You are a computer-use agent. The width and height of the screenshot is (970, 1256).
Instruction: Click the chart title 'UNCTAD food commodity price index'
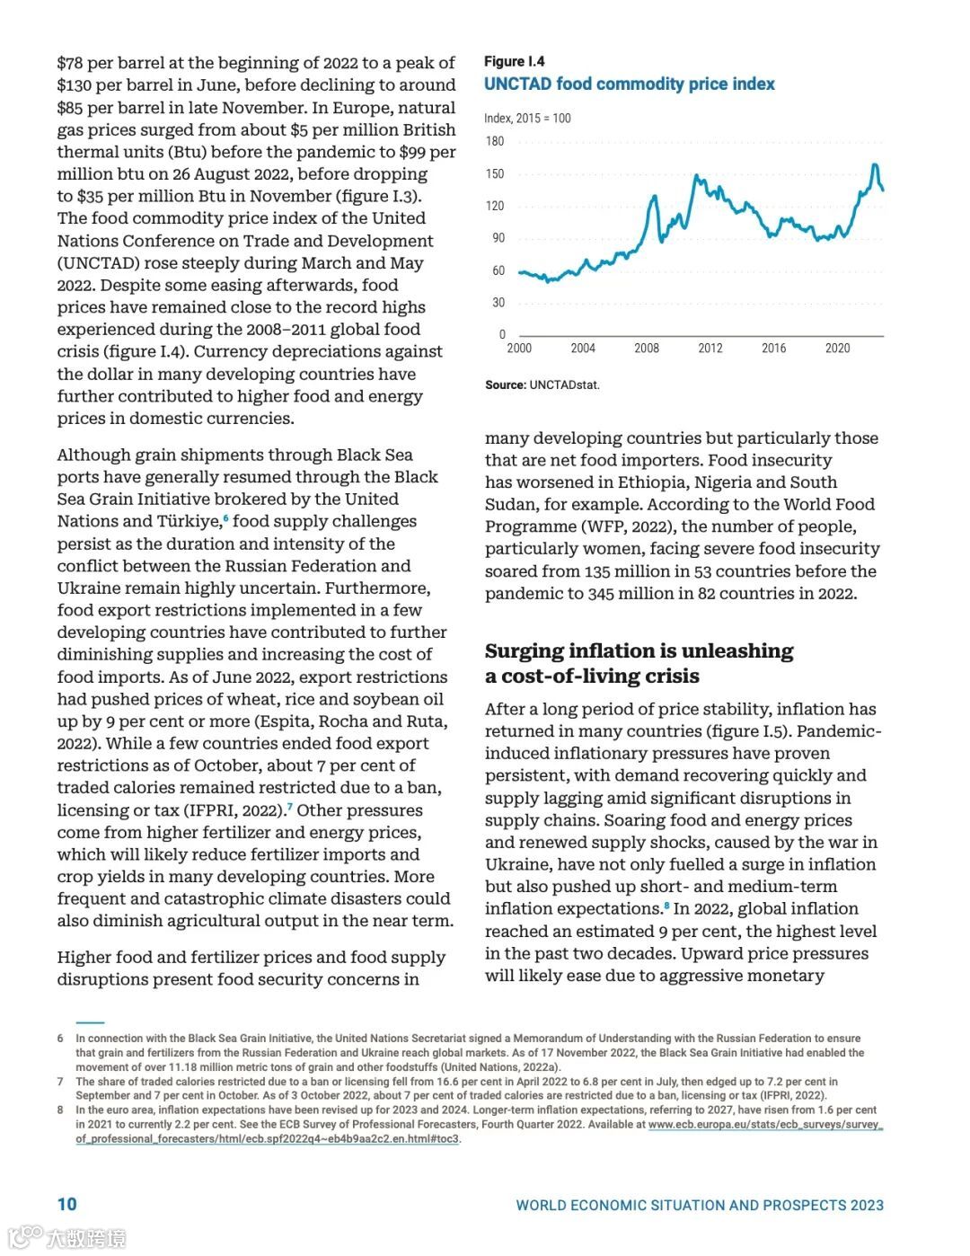(x=629, y=84)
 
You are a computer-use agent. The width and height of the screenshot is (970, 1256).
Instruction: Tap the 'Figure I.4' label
(x=515, y=61)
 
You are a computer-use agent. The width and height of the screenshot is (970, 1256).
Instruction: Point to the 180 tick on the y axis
(x=495, y=141)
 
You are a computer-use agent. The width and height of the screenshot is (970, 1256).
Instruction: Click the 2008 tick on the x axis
(x=647, y=349)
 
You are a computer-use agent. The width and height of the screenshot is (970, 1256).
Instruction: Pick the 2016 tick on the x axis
(x=773, y=349)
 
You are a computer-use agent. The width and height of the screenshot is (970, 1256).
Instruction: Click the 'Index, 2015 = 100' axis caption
(x=527, y=119)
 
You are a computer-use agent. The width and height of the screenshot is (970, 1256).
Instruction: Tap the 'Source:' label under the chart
(x=505, y=385)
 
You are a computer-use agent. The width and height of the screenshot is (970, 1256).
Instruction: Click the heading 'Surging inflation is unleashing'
(x=639, y=651)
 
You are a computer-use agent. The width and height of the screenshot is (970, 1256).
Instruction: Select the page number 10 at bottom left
(x=67, y=1205)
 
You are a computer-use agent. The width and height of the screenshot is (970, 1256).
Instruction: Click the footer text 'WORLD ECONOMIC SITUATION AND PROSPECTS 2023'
(x=700, y=1206)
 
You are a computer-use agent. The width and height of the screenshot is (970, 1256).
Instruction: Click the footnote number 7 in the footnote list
(x=60, y=1082)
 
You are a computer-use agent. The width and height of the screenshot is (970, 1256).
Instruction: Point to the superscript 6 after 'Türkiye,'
(x=225, y=518)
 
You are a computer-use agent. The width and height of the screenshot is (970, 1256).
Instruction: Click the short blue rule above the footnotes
(x=90, y=1022)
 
